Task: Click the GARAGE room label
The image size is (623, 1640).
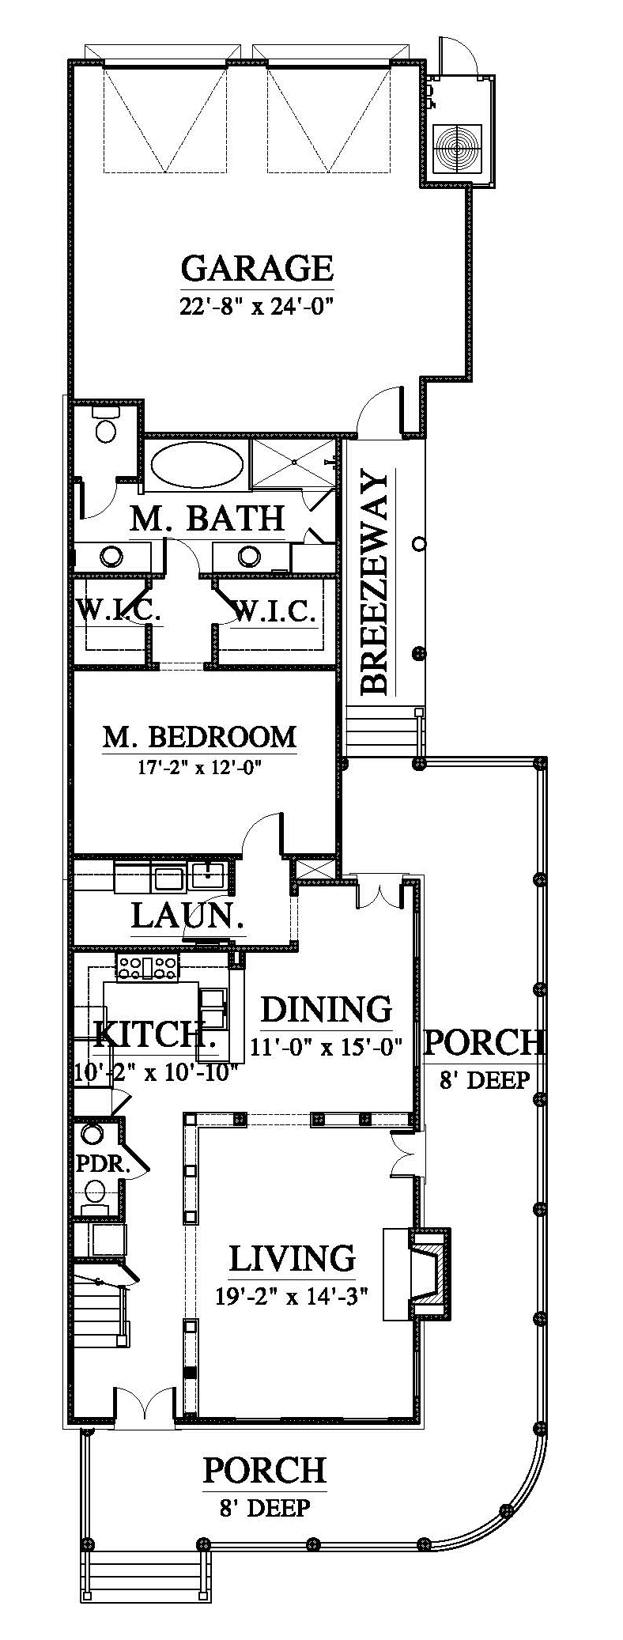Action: (x=257, y=268)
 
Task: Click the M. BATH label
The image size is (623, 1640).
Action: (x=207, y=519)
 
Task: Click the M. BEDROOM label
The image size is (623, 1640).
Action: (x=199, y=736)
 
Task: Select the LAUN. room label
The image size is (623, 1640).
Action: (x=187, y=916)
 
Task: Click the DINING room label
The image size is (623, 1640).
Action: (x=326, y=1009)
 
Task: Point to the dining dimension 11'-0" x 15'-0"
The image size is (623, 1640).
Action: (x=327, y=1048)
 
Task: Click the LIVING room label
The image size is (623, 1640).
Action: (x=292, y=1258)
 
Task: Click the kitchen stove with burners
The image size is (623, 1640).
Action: (x=147, y=965)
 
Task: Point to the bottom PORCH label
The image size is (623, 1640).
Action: (x=264, y=1470)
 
